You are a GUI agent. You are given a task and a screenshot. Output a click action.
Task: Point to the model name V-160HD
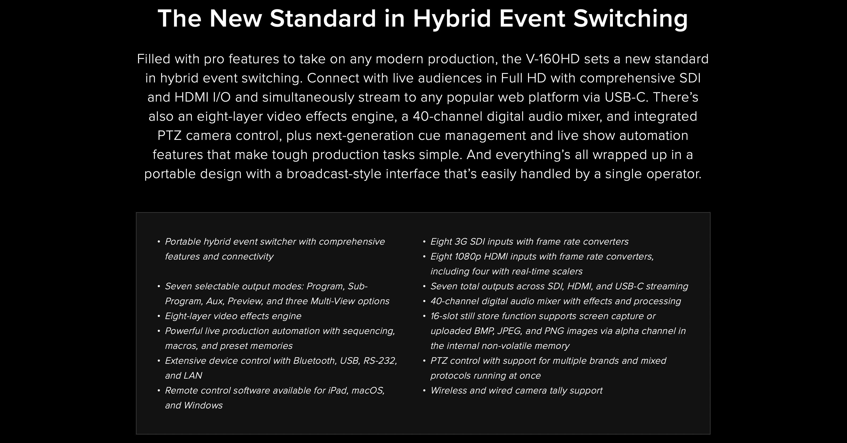[x=553, y=59]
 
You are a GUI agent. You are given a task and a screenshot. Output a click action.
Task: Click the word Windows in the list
[x=203, y=405]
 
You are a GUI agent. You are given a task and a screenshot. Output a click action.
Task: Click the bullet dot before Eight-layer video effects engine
[x=159, y=316]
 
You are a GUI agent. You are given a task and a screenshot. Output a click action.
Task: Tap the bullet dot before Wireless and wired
[x=424, y=390]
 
